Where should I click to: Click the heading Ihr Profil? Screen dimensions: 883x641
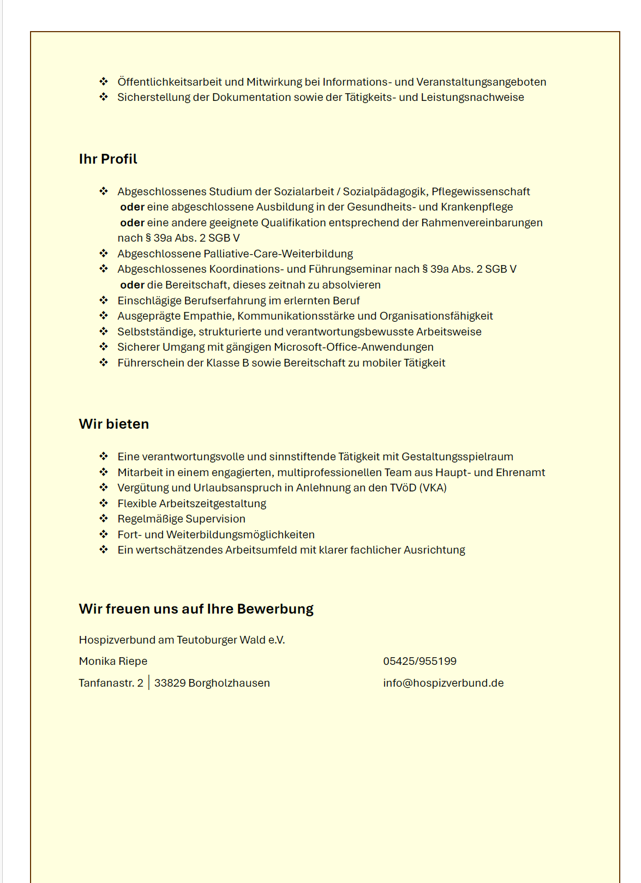click(x=108, y=159)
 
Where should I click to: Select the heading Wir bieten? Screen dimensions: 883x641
click(x=113, y=424)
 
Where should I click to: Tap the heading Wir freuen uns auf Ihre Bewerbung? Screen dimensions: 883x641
click(x=196, y=609)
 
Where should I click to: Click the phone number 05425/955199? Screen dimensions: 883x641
click(x=420, y=661)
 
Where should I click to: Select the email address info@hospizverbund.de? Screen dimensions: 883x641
click(x=443, y=683)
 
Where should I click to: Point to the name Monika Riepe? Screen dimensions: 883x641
click(x=113, y=661)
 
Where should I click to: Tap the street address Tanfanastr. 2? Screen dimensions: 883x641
click(x=111, y=683)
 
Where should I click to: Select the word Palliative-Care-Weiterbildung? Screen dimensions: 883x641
click(x=278, y=254)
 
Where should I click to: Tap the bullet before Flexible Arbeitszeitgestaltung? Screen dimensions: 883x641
click(x=104, y=503)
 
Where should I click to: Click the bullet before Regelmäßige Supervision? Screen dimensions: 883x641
click(x=104, y=518)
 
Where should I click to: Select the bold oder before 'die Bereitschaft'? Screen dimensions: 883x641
click(x=132, y=285)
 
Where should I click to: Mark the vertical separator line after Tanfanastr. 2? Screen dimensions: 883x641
click(x=149, y=683)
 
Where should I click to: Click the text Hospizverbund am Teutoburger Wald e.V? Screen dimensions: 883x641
click(x=182, y=640)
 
